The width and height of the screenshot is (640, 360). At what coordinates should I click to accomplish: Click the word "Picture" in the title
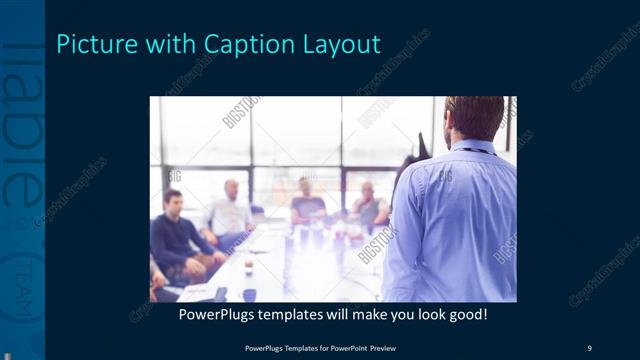coord(90,44)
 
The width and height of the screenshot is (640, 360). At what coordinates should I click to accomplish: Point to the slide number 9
coord(589,347)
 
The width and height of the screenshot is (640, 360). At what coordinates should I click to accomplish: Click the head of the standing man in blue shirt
coord(473,117)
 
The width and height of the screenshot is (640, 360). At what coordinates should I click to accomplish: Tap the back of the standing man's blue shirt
coord(455,220)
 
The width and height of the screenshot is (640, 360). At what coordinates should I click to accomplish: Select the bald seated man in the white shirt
coord(230,210)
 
